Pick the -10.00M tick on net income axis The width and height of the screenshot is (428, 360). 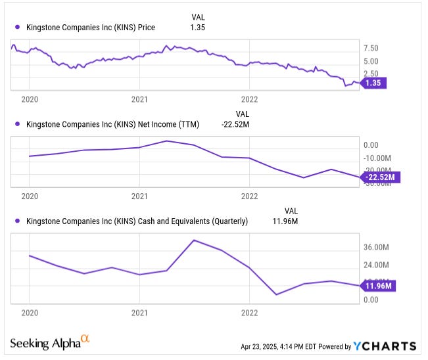[377, 158]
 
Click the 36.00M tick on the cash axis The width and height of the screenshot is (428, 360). [377, 247]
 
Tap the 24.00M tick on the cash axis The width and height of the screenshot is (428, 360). [377, 265]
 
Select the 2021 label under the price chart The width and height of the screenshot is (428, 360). [139, 100]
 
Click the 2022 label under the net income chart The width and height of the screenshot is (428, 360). [249, 196]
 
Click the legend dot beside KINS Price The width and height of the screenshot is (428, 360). [16, 27]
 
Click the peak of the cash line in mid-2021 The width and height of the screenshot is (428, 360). [194, 240]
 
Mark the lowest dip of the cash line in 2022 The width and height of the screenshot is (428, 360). [276, 294]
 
